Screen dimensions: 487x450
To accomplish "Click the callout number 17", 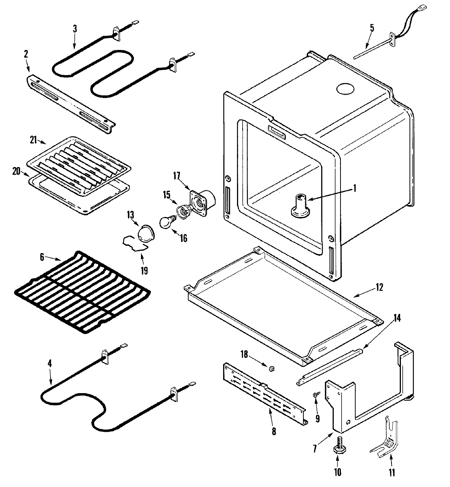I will pos(177,175).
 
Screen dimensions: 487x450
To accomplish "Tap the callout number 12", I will pos(379,287).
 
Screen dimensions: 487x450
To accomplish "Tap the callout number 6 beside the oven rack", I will pos(42,257).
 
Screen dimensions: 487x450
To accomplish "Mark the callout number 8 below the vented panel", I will pos(273,432).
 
